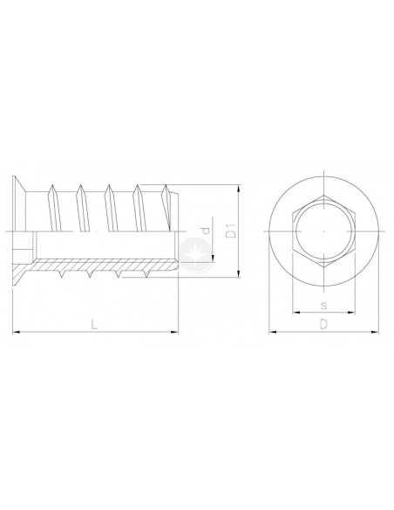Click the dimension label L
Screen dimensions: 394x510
94,324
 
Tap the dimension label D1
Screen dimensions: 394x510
231,231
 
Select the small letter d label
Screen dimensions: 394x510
206,231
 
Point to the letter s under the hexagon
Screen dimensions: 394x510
323,306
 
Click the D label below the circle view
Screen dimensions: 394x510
323,324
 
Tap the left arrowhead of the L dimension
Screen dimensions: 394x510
17,332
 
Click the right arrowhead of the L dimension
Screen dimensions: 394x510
174,332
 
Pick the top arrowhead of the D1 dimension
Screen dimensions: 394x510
239,189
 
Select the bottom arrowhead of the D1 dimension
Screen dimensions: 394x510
239,273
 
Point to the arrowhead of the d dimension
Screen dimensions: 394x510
213,258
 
